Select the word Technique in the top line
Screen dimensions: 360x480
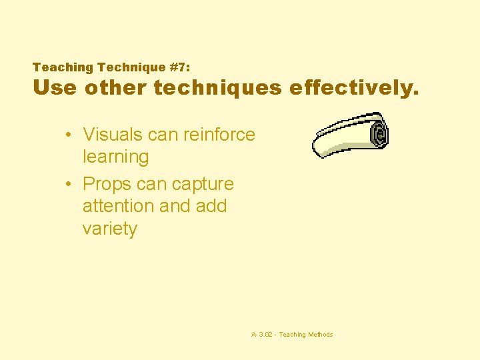tap(129, 67)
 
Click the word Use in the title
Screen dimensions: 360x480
tap(55, 88)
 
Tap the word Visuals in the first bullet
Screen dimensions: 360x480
tap(111, 135)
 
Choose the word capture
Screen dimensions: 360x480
tap(203, 185)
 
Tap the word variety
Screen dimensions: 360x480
tap(109, 229)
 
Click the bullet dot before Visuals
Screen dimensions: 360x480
tap(69, 135)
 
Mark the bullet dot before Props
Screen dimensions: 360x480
tap(69, 185)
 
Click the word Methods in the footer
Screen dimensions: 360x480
tap(320, 335)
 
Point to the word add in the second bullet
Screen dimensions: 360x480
tap(211, 207)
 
